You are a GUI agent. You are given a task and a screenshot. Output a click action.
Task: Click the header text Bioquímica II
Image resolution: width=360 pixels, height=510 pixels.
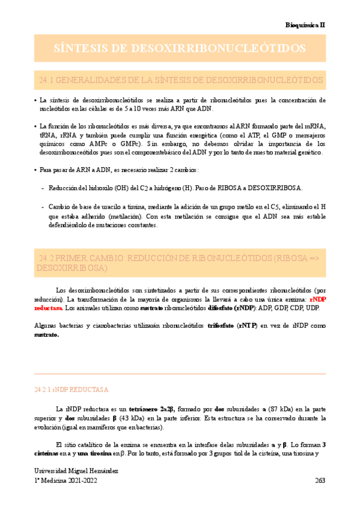click(305, 25)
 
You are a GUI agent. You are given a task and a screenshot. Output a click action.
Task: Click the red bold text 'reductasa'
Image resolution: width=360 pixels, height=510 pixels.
click(48, 308)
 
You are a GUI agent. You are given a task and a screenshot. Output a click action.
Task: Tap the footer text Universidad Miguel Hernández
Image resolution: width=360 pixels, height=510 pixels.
click(76, 471)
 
